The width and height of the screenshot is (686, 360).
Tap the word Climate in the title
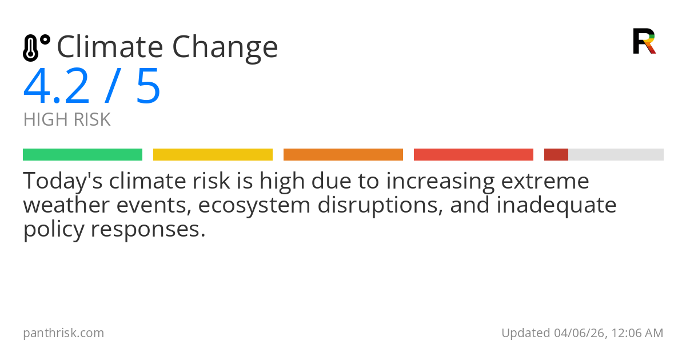(109, 47)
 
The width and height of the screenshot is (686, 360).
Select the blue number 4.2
(57, 87)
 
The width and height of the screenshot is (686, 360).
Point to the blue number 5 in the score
(148, 87)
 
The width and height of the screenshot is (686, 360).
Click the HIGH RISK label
(67, 120)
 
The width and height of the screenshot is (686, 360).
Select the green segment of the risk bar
(82, 155)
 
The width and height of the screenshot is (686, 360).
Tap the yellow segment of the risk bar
(213, 155)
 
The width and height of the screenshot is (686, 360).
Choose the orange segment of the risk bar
(343, 155)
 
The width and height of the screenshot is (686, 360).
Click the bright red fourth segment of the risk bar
(473, 155)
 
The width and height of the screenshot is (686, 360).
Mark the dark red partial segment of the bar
(556, 155)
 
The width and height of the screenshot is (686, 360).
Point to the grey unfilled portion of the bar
(616, 155)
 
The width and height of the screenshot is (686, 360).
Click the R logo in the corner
(644, 41)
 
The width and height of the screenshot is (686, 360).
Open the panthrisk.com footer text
(63, 333)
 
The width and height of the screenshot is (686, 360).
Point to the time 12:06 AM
(637, 333)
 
